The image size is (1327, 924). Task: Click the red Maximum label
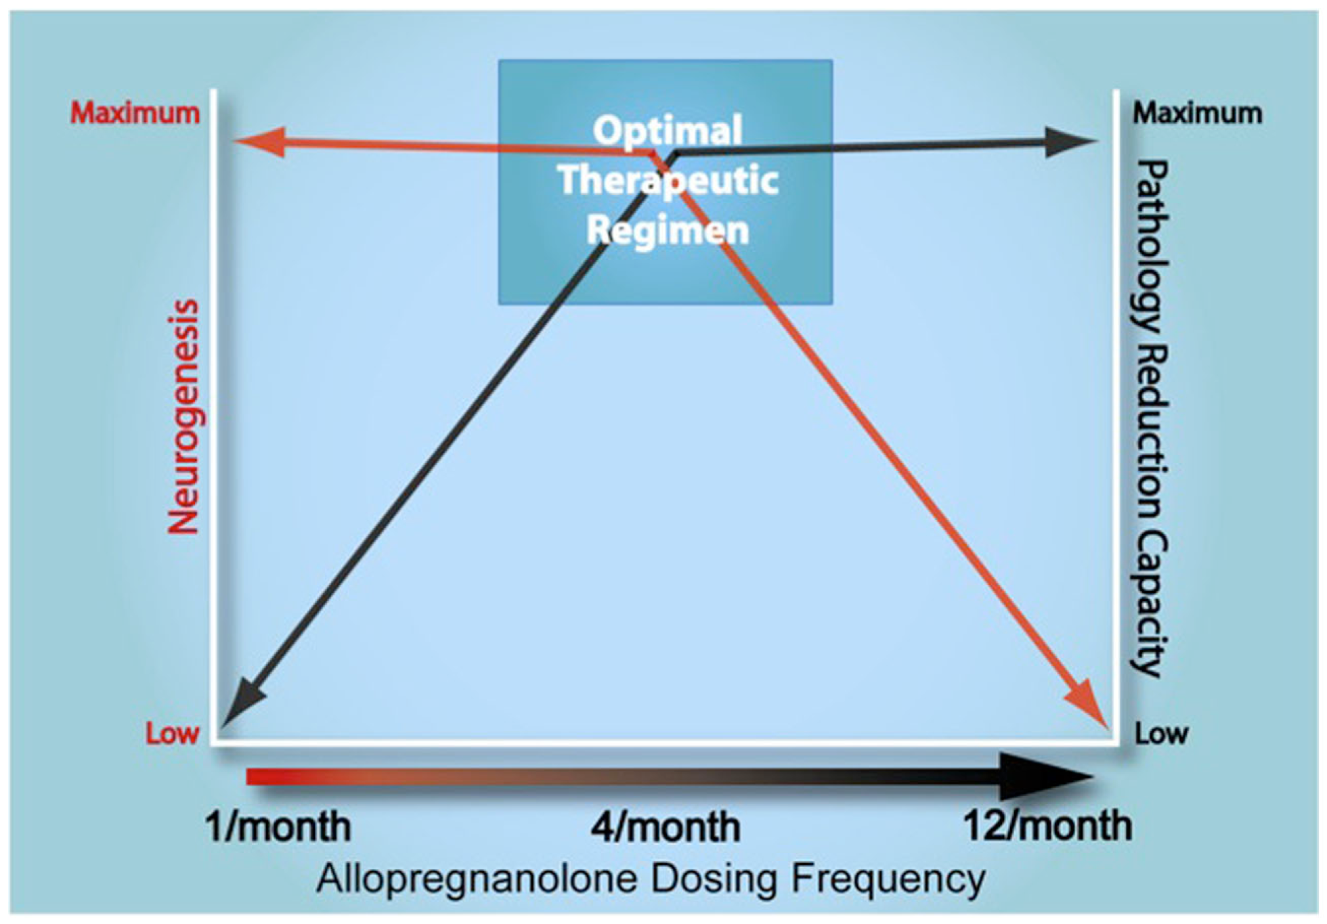[135, 113]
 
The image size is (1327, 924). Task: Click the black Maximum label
[1197, 113]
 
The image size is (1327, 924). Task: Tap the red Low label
[172, 734]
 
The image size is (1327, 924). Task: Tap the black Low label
[1161, 734]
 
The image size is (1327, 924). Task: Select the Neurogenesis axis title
[184, 417]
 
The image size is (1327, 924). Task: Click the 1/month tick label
[278, 827]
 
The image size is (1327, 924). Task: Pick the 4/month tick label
[666, 827]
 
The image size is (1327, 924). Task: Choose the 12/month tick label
[1047, 827]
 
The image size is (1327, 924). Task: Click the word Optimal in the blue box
[668, 130]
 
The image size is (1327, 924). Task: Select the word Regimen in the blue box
[668, 229]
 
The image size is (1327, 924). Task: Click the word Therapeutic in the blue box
[668, 180]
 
